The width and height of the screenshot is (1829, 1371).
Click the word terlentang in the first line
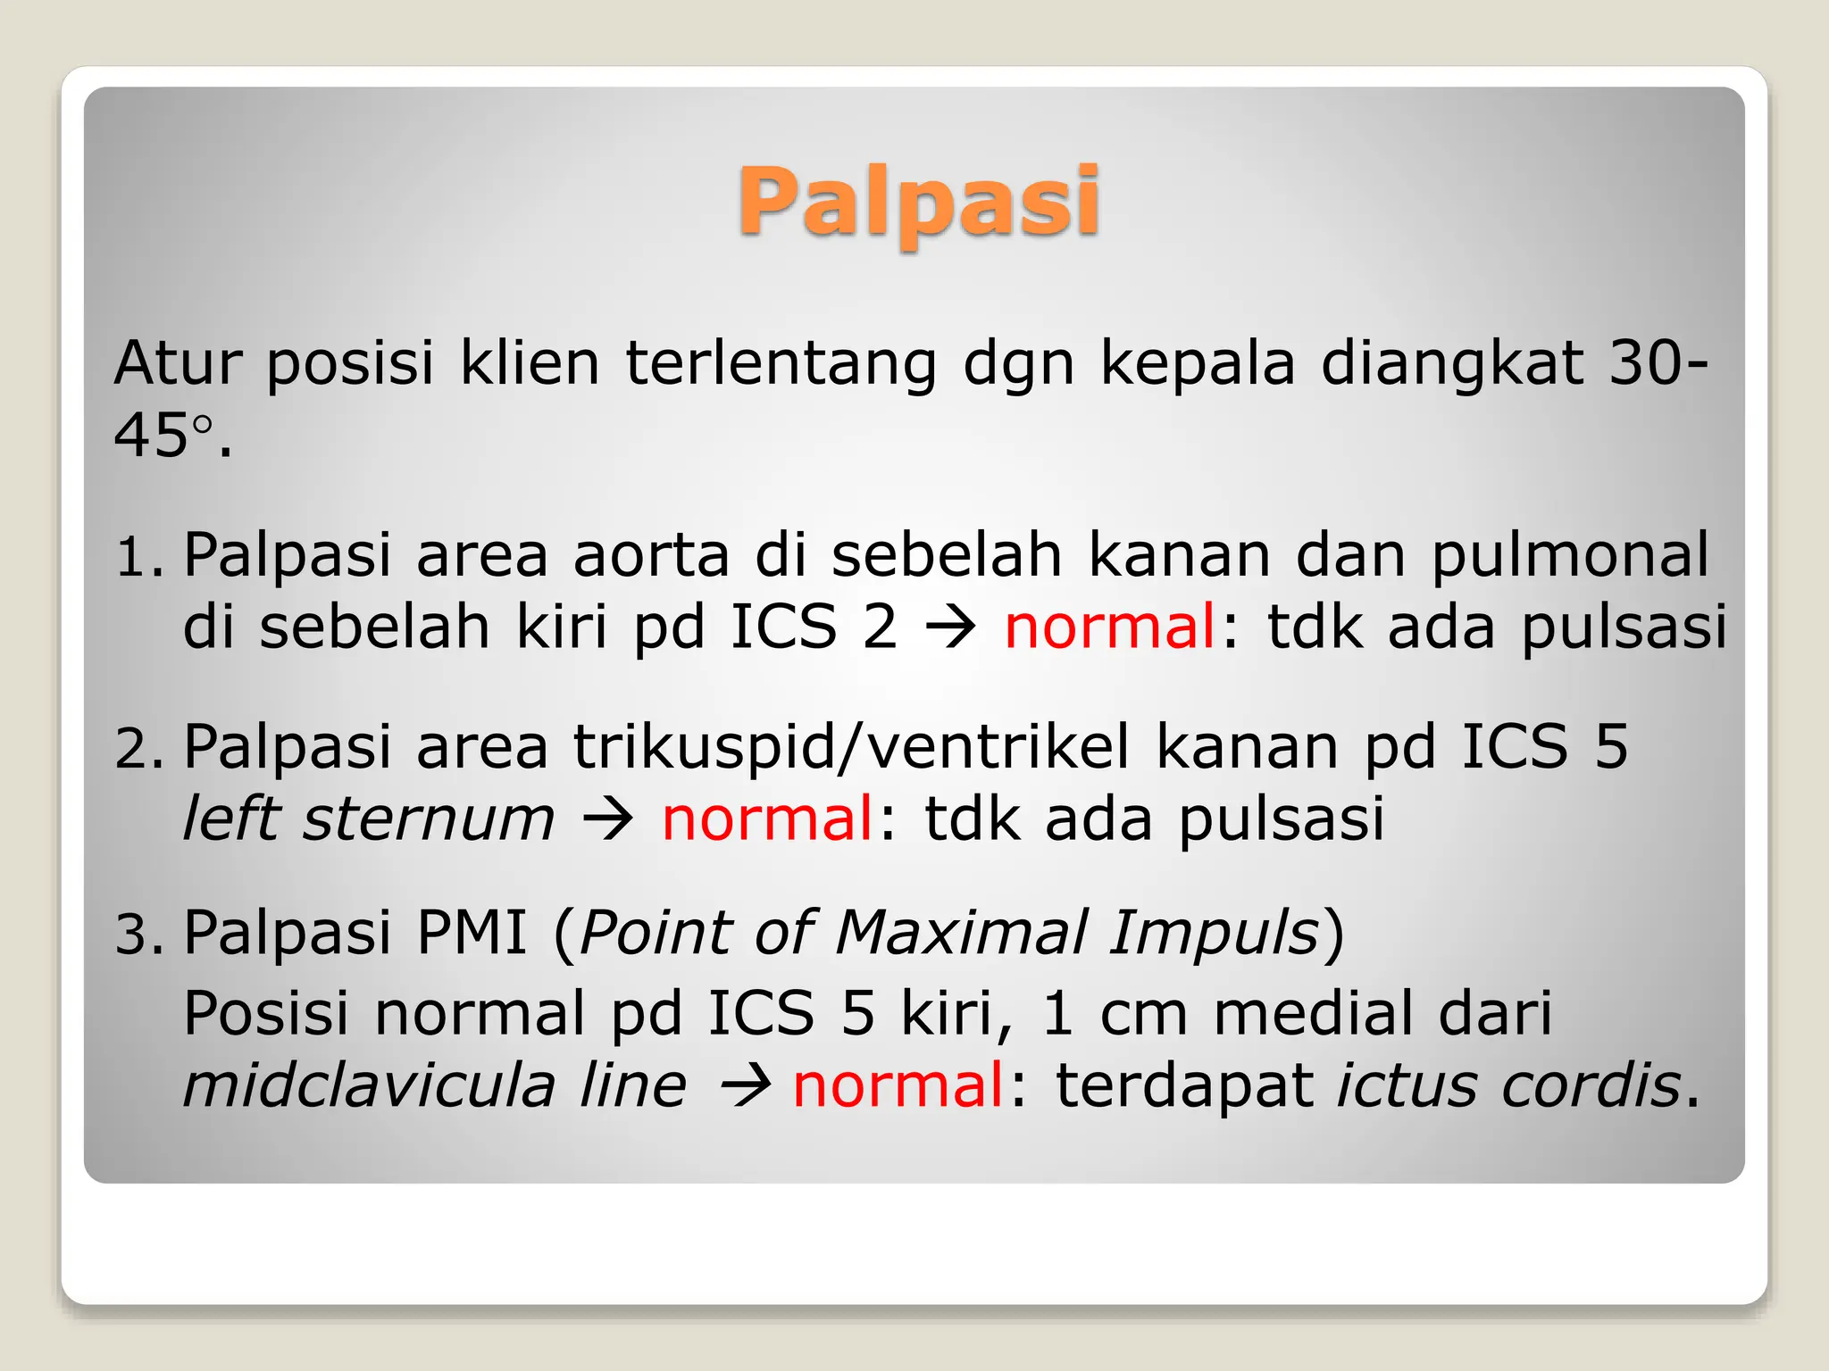coord(781,363)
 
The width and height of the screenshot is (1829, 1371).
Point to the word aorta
coord(651,555)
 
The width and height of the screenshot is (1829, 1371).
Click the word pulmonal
coord(1570,555)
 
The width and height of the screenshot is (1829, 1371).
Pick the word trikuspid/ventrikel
coord(851,747)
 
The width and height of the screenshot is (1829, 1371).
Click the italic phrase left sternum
coord(368,818)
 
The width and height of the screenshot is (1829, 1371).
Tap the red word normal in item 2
coord(766,818)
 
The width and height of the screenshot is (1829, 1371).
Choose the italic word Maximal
coord(961,933)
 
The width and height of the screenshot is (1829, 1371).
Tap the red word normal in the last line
coord(898,1086)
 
